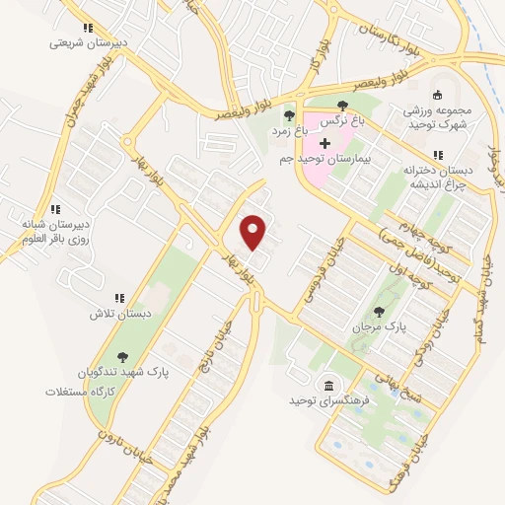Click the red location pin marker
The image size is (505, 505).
254,232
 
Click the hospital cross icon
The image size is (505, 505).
325,144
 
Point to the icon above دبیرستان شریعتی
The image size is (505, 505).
88,29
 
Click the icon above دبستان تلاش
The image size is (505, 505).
120,297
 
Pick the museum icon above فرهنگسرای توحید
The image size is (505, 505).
327,385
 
